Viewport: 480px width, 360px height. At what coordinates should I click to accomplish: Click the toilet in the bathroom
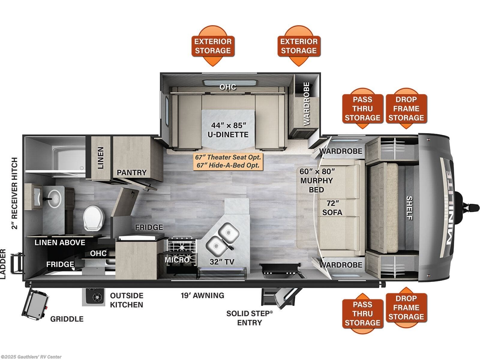[94, 218]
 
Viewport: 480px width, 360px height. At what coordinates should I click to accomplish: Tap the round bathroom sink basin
[55, 198]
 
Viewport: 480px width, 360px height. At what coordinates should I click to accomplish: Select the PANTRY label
[131, 172]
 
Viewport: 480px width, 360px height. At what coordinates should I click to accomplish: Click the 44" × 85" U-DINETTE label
[228, 130]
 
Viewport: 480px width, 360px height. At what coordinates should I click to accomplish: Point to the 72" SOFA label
[332, 208]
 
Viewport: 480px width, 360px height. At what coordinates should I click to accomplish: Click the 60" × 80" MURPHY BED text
[317, 180]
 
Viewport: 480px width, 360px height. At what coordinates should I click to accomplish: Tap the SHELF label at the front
[409, 208]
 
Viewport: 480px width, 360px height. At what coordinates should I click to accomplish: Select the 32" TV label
[222, 262]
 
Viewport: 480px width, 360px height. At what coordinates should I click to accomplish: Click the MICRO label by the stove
[177, 260]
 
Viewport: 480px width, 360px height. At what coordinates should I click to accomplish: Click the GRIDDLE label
[67, 319]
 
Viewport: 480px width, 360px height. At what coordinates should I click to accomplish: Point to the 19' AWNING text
[202, 295]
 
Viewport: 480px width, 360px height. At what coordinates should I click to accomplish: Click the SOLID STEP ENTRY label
[250, 318]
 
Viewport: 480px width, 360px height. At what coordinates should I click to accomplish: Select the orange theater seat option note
[228, 161]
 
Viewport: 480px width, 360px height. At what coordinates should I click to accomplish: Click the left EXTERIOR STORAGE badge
[213, 46]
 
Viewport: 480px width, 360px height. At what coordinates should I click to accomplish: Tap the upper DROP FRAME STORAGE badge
[406, 108]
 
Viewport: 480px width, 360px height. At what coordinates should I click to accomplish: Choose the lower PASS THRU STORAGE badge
[363, 313]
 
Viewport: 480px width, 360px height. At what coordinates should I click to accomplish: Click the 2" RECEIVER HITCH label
[14, 193]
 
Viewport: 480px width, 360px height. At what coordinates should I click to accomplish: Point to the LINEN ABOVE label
[60, 242]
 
